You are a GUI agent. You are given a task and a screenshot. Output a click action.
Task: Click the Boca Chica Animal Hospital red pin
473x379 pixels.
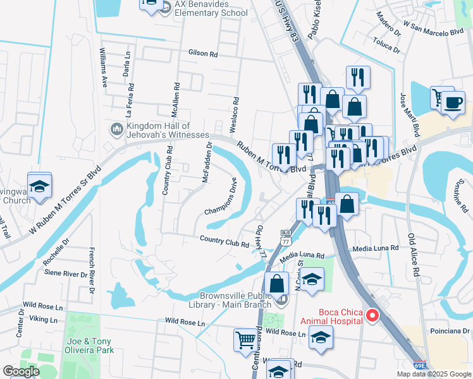373,315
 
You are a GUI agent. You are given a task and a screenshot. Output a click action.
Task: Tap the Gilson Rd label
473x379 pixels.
202,54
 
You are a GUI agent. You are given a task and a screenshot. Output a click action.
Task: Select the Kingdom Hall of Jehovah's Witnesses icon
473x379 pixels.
116,129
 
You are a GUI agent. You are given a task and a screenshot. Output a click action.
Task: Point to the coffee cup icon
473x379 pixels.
453,102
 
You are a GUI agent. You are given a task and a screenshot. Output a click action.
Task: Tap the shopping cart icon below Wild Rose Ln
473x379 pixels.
245,341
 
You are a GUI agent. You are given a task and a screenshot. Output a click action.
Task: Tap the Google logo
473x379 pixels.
21,371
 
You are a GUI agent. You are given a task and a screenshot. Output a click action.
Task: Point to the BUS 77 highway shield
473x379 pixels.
285,239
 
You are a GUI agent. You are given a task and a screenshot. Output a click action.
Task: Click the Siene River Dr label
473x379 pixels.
66,274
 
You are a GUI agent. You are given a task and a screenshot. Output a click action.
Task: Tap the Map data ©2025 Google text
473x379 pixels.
433,374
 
